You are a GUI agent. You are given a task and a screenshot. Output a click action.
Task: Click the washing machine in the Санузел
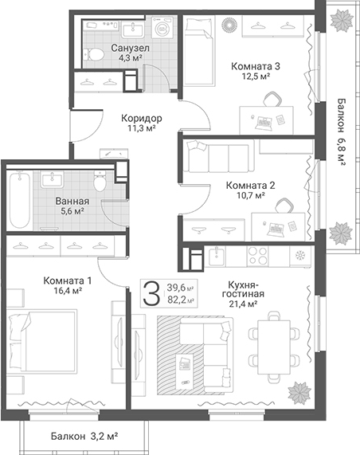tap(162, 27)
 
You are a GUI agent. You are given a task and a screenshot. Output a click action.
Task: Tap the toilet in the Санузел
tap(94, 54)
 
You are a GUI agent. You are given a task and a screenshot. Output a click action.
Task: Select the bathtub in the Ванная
tap(20, 200)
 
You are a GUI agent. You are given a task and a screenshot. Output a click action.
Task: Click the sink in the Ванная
tap(53, 179)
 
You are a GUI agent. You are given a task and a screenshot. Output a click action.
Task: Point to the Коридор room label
tap(142, 118)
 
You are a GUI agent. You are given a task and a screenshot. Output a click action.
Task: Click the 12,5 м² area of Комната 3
tap(256, 76)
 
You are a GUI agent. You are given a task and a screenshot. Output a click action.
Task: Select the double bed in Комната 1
tap(42, 341)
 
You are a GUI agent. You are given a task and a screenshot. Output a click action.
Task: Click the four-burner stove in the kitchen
tap(257, 256)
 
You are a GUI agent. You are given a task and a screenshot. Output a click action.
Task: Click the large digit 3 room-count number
tap(151, 293)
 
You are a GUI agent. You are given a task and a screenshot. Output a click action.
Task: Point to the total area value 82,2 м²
tap(181, 300)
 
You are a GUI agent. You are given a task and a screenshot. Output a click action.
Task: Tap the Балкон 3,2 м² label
tap(84, 436)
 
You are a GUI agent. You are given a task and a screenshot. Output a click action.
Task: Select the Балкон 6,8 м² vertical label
tap(342, 132)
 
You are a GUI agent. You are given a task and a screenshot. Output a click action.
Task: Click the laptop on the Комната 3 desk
tap(264, 124)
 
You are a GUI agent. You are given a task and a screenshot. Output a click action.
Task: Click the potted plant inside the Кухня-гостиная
tap(299, 393)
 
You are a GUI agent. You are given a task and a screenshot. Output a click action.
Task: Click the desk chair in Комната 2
tap(284, 206)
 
